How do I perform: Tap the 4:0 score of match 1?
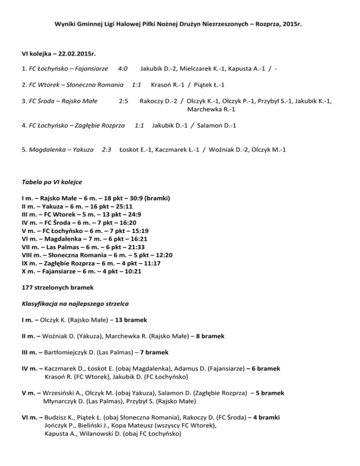tap(123, 69)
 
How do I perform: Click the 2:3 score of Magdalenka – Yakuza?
tap(106, 150)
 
